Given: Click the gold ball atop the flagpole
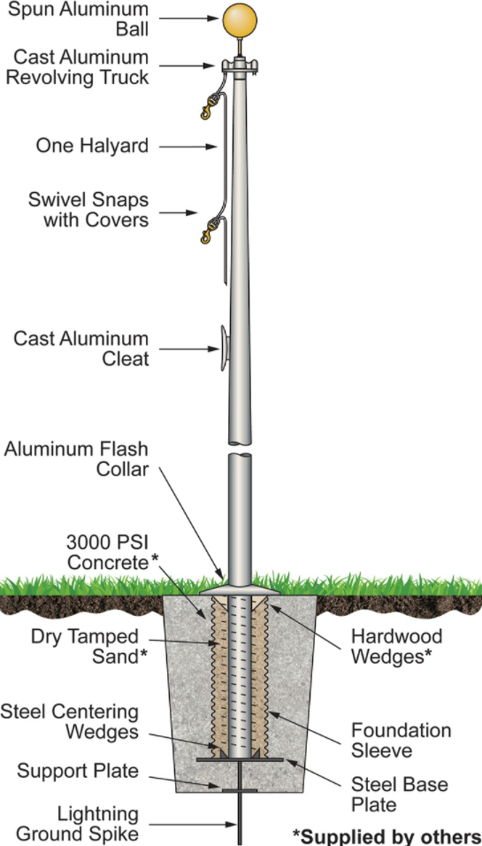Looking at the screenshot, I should pos(237,21).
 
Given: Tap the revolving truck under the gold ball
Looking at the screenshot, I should pos(237,66).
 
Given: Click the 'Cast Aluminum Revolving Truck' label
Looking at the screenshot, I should pos(80,67).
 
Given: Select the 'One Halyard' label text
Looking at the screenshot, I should pos(92,145).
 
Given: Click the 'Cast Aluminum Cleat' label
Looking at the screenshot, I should pos(80,349).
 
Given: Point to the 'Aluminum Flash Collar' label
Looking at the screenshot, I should pos(78,458).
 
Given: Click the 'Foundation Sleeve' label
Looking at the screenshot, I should pos(401,742).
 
